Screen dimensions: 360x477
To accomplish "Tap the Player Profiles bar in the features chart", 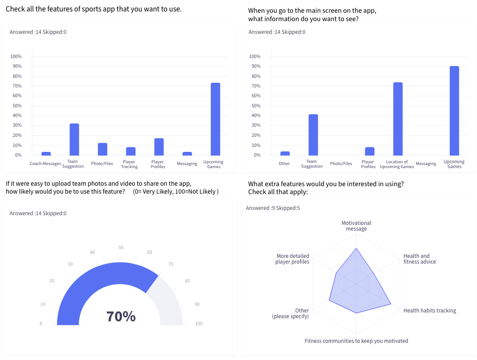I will point(159,147).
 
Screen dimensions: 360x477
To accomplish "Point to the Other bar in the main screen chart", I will point(285,153).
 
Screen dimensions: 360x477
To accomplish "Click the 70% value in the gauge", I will point(121,316).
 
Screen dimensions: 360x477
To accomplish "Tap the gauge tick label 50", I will point(121,248).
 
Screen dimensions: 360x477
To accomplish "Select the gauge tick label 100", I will point(199,324).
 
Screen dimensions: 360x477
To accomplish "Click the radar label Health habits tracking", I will point(429,311).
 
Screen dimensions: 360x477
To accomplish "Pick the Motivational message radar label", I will point(356,226).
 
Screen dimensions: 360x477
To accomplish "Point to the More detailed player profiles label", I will point(293,259).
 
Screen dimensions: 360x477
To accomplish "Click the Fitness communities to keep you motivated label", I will point(356,341).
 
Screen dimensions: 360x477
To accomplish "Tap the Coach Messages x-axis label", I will point(45,164).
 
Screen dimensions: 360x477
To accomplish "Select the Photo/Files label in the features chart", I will point(102,164).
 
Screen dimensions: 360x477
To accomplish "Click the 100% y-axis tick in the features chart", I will point(16,56).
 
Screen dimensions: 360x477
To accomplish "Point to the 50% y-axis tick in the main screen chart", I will point(255,106).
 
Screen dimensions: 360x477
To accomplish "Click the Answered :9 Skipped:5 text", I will point(273,208).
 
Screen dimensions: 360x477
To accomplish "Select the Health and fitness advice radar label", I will point(419,259).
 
